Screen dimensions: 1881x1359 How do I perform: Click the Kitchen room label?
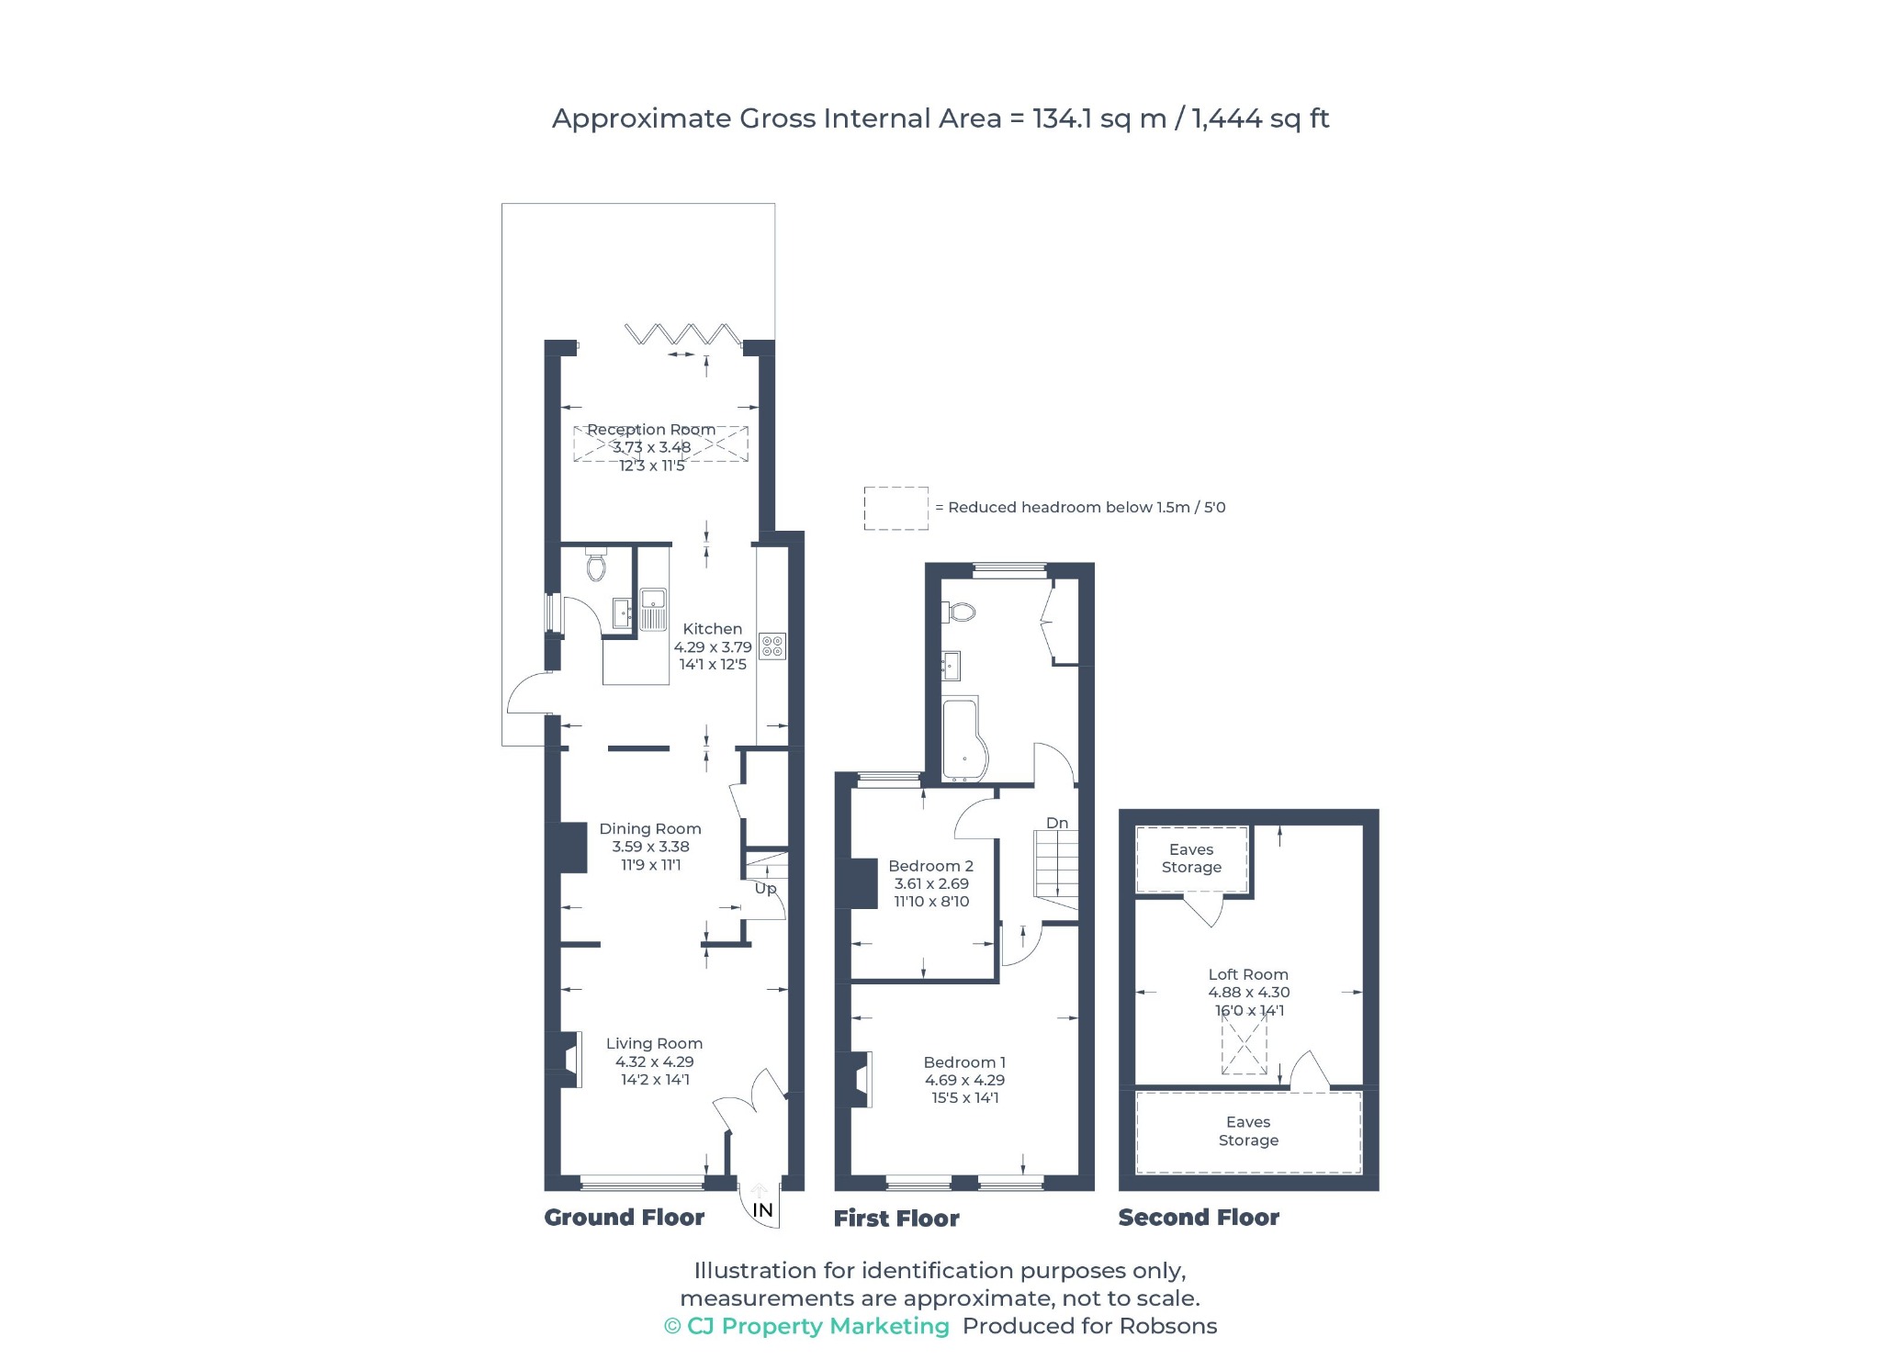click(x=713, y=629)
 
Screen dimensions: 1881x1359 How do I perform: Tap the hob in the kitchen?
click(x=772, y=646)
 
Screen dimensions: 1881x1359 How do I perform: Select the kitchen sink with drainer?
click(x=653, y=610)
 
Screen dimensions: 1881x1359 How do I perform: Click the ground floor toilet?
click(x=596, y=564)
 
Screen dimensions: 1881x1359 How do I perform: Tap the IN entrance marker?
click(x=762, y=1211)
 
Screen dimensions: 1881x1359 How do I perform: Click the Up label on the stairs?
click(x=765, y=889)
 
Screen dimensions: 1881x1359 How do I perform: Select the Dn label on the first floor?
click(x=1057, y=823)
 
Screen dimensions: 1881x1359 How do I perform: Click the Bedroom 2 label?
click(x=930, y=866)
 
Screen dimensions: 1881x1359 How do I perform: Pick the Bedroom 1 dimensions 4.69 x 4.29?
click(x=964, y=1080)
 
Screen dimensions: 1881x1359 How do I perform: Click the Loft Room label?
click(x=1248, y=974)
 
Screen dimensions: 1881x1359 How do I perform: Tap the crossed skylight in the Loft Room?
click(x=1244, y=1046)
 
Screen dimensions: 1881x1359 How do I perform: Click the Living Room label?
click(x=654, y=1043)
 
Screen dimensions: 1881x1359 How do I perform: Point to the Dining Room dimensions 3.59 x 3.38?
click(x=650, y=847)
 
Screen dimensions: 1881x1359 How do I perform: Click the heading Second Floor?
click(x=1199, y=1218)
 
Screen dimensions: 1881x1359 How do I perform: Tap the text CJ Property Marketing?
click(x=817, y=1326)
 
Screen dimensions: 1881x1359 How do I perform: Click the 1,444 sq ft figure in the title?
click(x=1260, y=118)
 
